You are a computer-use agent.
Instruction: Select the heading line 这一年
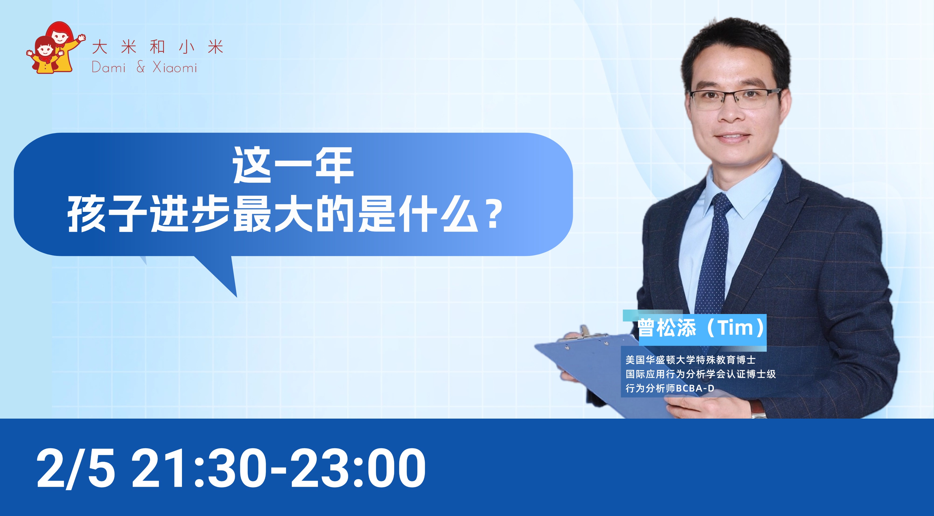[293, 165]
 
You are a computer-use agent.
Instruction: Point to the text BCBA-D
[695, 388]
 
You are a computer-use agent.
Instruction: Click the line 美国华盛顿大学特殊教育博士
[690, 360]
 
